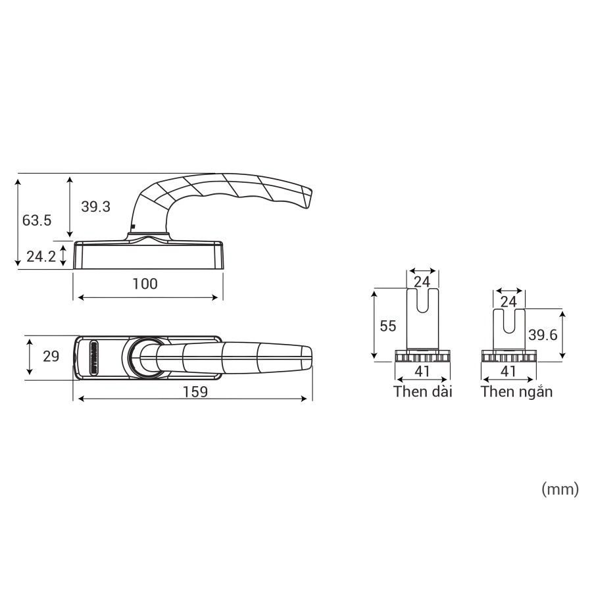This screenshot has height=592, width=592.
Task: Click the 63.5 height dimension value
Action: click(x=37, y=220)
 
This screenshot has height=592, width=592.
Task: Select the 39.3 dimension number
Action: click(x=95, y=207)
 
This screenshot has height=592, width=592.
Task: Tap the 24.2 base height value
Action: click(x=41, y=257)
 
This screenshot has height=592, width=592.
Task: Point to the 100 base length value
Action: click(x=145, y=284)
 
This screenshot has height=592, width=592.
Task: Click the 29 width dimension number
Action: click(x=51, y=356)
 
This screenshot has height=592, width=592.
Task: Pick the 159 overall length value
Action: click(x=195, y=391)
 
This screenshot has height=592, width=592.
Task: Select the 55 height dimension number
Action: click(x=388, y=326)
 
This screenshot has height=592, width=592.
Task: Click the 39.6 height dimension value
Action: click(x=543, y=335)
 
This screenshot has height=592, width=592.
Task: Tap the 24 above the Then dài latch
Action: click(x=422, y=282)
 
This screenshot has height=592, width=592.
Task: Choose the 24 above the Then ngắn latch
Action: click(x=508, y=302)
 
